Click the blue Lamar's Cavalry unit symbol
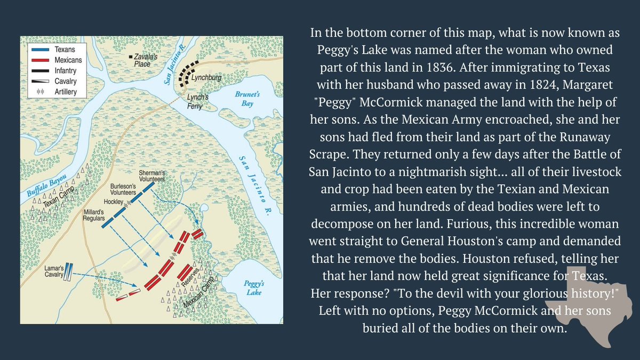pos(68,273)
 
